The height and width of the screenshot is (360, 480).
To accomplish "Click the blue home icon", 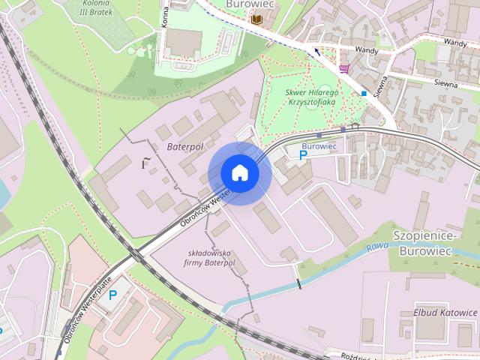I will click(240, 172).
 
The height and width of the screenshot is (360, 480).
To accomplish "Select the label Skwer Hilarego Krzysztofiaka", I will click(313, 97).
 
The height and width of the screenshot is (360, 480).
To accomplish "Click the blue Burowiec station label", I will click(318, 145).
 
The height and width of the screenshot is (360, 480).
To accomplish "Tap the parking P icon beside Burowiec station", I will click(303, 155).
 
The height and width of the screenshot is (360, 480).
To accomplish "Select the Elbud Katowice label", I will click(445, 312).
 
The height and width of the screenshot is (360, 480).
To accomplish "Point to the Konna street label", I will click(164, 18).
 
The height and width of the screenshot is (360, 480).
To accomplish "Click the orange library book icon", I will click(256, 19).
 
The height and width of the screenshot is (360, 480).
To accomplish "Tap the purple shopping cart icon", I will click(344, 68).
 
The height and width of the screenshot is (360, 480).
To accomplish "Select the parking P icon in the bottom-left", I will click(113, 295).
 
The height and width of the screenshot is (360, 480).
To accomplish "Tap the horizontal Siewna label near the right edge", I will click(445, 84).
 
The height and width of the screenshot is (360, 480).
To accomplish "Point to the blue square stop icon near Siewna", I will click(364, 94).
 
